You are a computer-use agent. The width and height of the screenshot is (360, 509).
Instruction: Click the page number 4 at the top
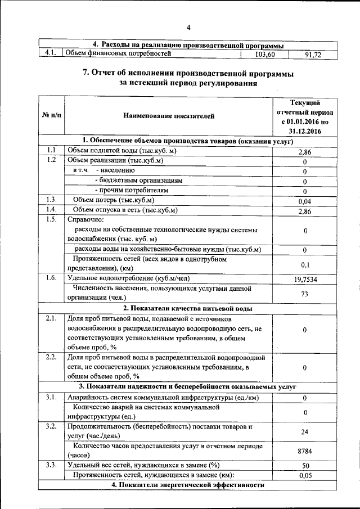point(189,28)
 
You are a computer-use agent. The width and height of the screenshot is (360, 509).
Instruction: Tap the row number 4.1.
point(51,54)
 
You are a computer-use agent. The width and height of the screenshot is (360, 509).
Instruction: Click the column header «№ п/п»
point(52,116)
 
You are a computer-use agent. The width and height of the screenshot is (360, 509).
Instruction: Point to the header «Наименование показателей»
point(169,116)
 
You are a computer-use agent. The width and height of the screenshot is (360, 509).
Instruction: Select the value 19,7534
point(304,278)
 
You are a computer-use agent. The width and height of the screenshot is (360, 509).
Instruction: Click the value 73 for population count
point(304,293)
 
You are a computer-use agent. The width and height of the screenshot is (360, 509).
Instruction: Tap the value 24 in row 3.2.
point(304,431)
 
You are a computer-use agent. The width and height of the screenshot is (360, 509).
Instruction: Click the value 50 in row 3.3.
point(304,466)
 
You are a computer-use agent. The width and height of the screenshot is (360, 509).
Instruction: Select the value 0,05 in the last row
point(304,475)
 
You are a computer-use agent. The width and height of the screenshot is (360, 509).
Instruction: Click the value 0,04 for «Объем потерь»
point(304,201)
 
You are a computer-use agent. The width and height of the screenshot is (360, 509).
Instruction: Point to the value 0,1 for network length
point(304,264)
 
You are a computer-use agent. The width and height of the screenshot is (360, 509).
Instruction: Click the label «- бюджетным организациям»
point(139,181)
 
